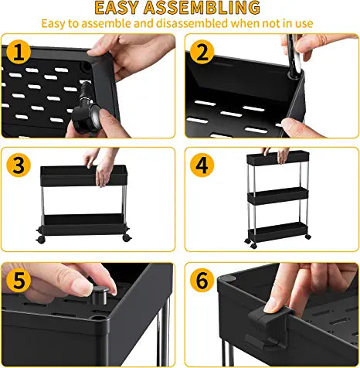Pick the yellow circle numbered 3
pyautogui.click(x=21, y=166)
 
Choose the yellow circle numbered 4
pyautogui.click(x=203, y=166)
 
